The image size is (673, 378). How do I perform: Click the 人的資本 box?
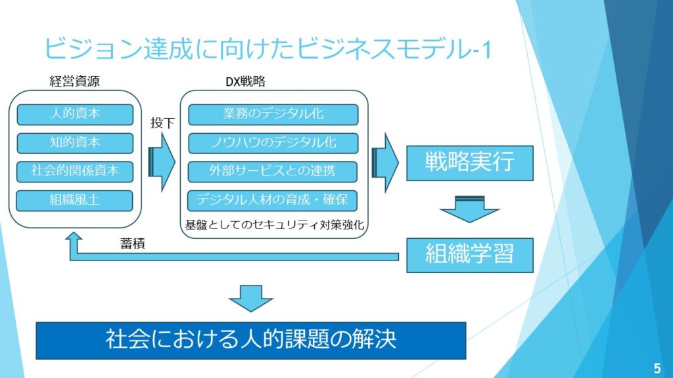click(x=75, y=114)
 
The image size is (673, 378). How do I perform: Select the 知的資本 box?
click(x=75, y=142)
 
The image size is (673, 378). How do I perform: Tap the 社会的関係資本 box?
click(x=75, y=171)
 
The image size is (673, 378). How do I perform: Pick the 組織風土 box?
click(x=75, y=200)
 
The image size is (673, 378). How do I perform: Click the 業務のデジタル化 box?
click(x=273, y=114)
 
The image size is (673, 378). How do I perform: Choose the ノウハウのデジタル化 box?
click(x=273, y=142)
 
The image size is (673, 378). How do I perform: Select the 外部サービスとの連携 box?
click(x=273, y=171)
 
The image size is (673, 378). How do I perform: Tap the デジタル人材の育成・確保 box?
click(x=273, y=200)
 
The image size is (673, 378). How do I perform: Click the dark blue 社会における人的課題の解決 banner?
click(x=250, y=340)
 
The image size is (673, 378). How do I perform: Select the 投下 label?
click(x=162, y=122)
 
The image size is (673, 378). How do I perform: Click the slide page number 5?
click(x=657, y=366)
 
